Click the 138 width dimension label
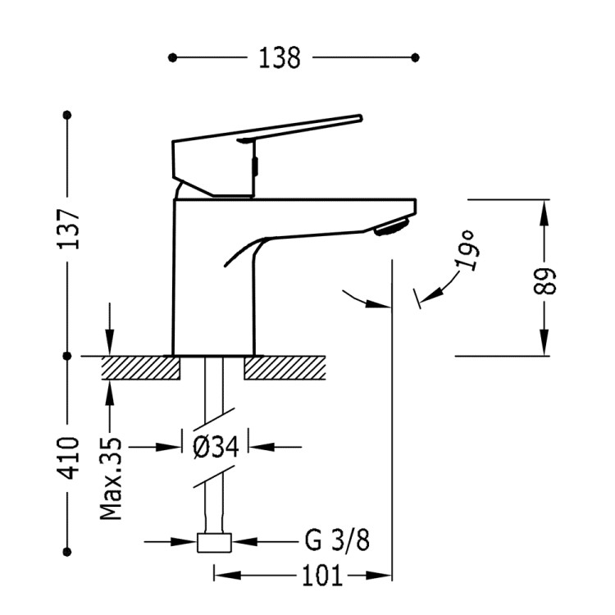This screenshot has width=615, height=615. (x=280, y=57)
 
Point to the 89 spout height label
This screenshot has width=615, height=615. (x=547, y=280)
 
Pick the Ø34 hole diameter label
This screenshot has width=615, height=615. (x=215, y=447)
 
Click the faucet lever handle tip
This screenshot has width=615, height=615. (x=354, y=119)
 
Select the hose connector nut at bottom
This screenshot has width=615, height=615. (x=215, y=542)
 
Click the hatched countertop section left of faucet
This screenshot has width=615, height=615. (x=140, y=368)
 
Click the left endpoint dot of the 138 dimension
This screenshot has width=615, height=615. (x=172, y=57)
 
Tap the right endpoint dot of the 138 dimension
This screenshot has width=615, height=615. (x=415, y=57)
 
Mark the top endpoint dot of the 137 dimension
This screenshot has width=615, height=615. (x=68, y=114)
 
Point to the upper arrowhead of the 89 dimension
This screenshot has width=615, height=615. (x=543, y=209)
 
